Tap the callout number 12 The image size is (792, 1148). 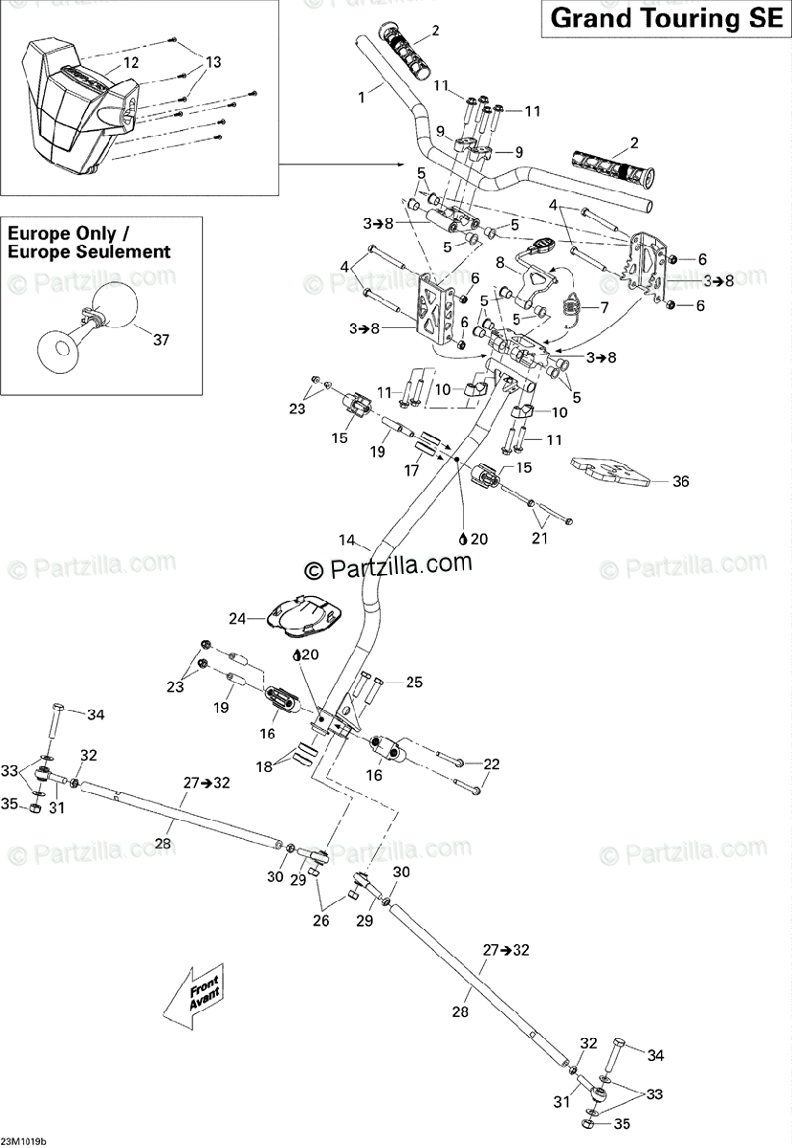[x=131, y=62]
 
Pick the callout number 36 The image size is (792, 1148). [x=680, y=481]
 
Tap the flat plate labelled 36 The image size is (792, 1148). [x=613, y=472]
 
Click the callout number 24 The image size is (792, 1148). [x=236, y=618]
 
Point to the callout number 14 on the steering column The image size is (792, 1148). [x=345, y=540]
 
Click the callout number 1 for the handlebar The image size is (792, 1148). [x=363, y=96]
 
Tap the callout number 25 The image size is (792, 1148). [x=413, y=682]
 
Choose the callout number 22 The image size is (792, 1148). [x=492, y=763]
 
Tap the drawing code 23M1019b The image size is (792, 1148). [x=24, y=1141]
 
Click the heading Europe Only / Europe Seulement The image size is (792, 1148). [x=89, y=243]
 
